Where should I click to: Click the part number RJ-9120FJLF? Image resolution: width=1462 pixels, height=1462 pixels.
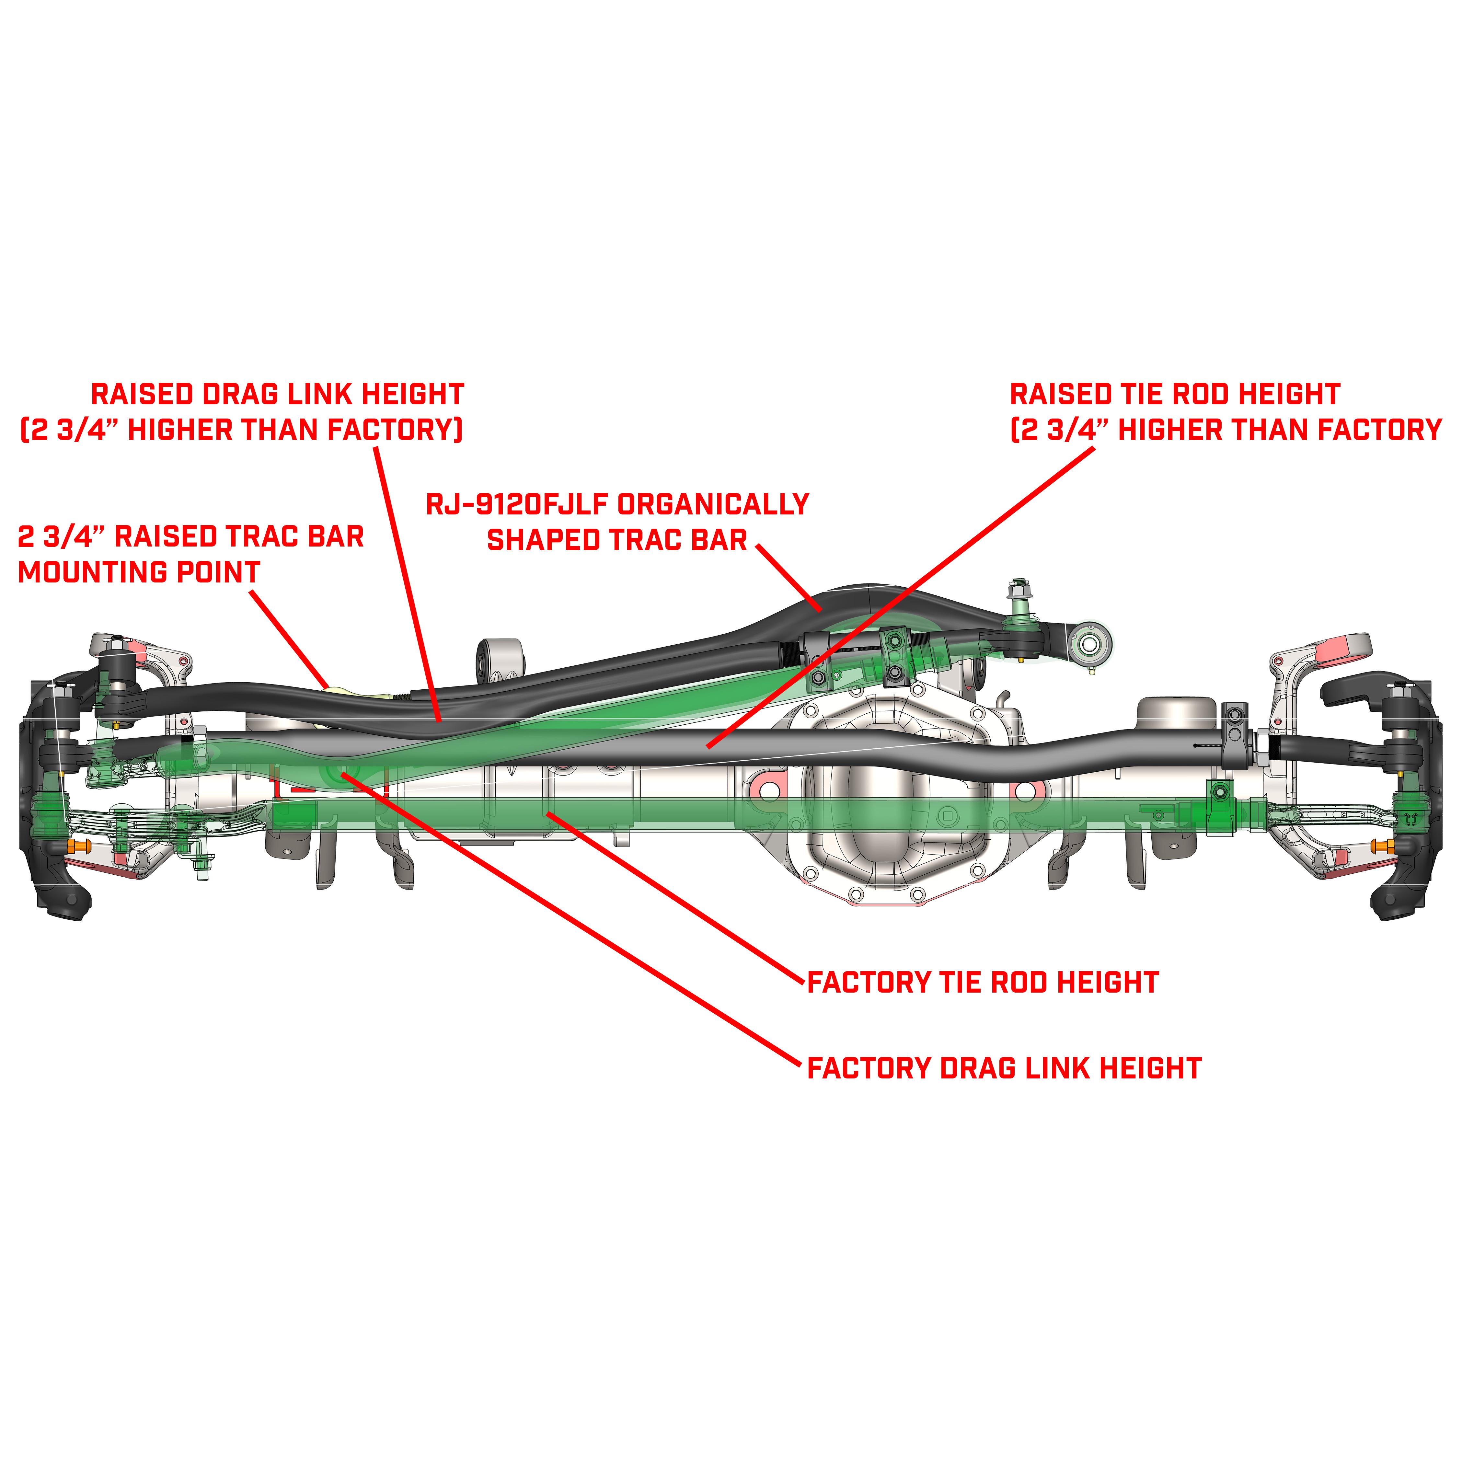coord(517,505)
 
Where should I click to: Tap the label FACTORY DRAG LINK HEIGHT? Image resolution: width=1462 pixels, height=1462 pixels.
coord(1003,1068)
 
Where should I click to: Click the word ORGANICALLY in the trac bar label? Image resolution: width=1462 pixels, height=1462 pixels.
coord(713,505)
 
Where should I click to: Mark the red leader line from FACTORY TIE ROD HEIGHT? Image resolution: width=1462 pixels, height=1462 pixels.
coord(673,897)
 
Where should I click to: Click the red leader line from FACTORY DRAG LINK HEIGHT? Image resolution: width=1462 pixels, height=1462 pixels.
coord(568,915)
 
